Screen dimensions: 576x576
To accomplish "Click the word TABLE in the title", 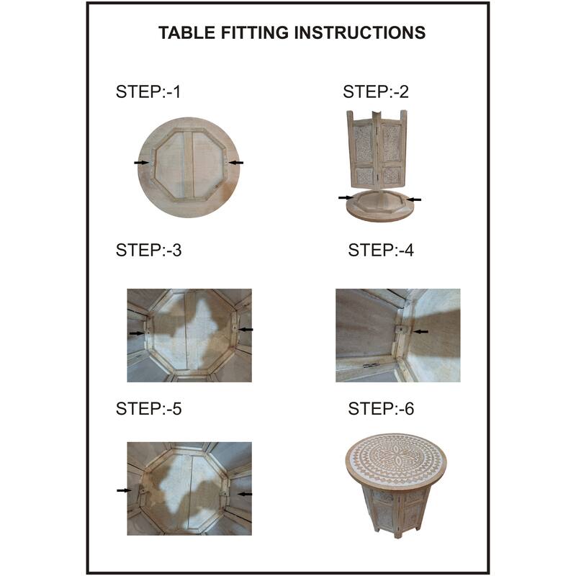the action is tap(186, 32).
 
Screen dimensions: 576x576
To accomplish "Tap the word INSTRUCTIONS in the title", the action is tap(359, 32).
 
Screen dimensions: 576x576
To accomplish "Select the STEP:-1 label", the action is tap(148, 92).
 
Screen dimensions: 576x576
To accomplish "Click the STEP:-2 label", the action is tap(375, 92).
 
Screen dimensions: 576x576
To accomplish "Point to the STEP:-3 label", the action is tap(148, 250).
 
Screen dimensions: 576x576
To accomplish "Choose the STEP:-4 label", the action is tap(381, 250).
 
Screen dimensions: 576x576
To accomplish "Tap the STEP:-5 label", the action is tap(148, 408).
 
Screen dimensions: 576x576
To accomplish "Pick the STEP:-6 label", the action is tap(381, 408).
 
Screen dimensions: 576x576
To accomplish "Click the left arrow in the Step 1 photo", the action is tap(141, 163).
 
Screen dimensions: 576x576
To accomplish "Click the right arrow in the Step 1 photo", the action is tap(236, 163).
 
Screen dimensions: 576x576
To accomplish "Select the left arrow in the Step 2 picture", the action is tap(346, 197).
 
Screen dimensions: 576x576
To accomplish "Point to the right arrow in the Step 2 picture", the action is tap(415, 199).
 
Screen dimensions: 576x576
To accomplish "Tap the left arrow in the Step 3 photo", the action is tap(137, 333).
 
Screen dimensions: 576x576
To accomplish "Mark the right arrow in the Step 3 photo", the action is tap(246, 330).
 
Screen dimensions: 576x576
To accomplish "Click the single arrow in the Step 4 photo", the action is tap(420, 331).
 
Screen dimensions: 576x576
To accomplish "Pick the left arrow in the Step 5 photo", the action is tap(124, 490).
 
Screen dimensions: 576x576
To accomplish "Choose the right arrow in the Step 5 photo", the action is tap(245, 494).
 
